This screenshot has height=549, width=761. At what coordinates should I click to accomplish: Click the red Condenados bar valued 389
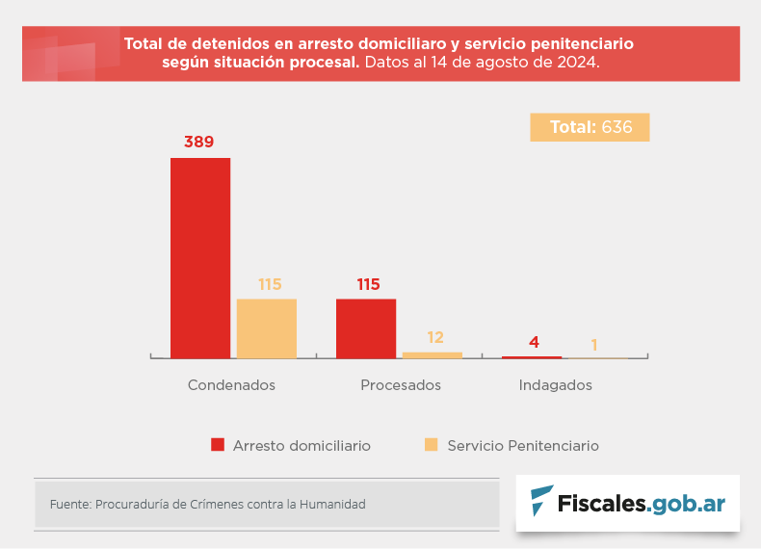(x=200, y=257)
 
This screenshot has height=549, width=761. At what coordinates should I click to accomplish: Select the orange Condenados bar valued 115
(x=267, y=328)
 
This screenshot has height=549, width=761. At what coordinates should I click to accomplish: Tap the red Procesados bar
(x=366, y=328)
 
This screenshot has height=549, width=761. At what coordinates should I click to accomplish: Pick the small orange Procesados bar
(x=433, y=355)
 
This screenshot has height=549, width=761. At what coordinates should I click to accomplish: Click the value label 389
(x=199, y=143)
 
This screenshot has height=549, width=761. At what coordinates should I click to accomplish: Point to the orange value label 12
(x=435, y=338)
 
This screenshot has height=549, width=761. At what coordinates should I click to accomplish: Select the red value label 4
(x=534, y=343)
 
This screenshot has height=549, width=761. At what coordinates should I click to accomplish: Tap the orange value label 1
(x=594, y=345)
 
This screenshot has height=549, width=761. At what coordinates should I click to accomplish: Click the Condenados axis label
(x=231, y=385)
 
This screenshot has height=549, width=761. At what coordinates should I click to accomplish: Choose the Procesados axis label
(x=401, y=385)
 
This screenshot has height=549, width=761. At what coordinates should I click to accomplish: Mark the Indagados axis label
(x=555, y=385)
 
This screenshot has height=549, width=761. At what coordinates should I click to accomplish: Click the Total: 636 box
(x=590, y=127)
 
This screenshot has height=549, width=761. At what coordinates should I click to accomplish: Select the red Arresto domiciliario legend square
(x=218, y=445)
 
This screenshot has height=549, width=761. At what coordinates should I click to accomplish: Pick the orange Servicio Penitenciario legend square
(x=431, y=445)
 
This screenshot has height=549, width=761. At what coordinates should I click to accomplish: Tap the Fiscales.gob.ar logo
(x=628, y=503)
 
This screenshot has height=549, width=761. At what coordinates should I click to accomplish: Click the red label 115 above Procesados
(x=368, y=285)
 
